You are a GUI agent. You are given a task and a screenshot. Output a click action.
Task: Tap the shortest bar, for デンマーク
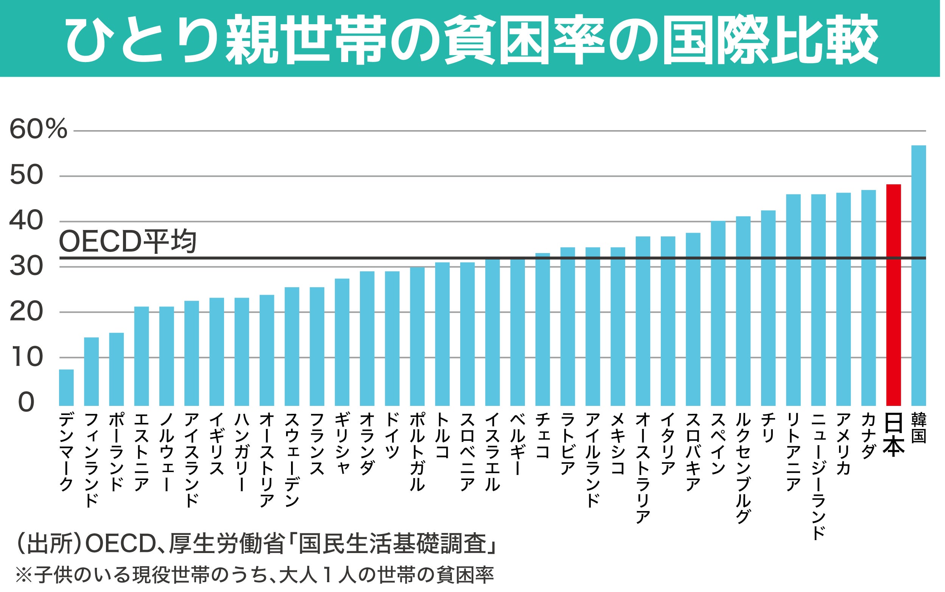click(x=66, y=387)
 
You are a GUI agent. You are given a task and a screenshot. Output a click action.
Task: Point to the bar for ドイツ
click(x=392, y=338)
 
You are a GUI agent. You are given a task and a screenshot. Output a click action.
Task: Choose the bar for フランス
click(x=317, y=346)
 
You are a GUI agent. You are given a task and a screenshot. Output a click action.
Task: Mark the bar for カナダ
click(x=868, y=298)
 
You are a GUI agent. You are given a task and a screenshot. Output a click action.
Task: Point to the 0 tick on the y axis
click(x=26, y=402)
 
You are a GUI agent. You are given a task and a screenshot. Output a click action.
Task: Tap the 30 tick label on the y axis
click(x=26, y=266)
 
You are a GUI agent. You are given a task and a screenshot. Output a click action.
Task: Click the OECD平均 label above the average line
click(x=127, y=242)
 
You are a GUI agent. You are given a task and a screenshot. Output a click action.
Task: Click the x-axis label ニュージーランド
click(x=818, y=476)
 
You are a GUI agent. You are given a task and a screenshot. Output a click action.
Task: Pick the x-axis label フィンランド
click(x=91, y=460)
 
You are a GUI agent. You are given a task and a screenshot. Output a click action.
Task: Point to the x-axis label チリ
click(x=768, y=427)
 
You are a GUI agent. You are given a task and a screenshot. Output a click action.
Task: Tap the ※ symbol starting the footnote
click(x=23, y=575)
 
